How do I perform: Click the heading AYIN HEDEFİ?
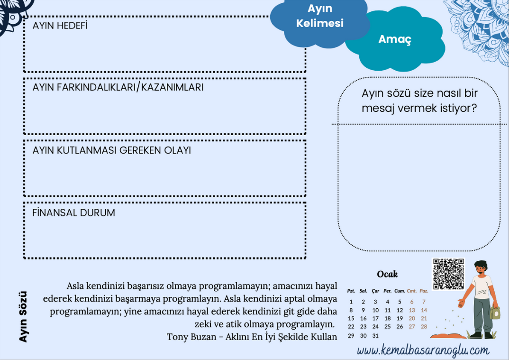(60, 26)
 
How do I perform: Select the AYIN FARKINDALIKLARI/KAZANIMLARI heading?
(118, 88)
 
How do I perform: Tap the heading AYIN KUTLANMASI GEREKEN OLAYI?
(112, 150)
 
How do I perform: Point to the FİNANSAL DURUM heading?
(74, 213)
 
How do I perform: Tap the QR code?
(448, 274)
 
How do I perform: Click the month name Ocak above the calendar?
(387, 274)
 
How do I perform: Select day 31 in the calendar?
(375, 335)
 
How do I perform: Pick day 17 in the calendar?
(375, 318)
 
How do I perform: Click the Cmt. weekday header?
(412, 291)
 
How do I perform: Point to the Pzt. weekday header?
(351, 291)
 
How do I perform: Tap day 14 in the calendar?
(424, 310)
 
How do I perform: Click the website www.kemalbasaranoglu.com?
(423, 351)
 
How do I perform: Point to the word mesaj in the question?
(378, 108)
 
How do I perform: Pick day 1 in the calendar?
(351, 302)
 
